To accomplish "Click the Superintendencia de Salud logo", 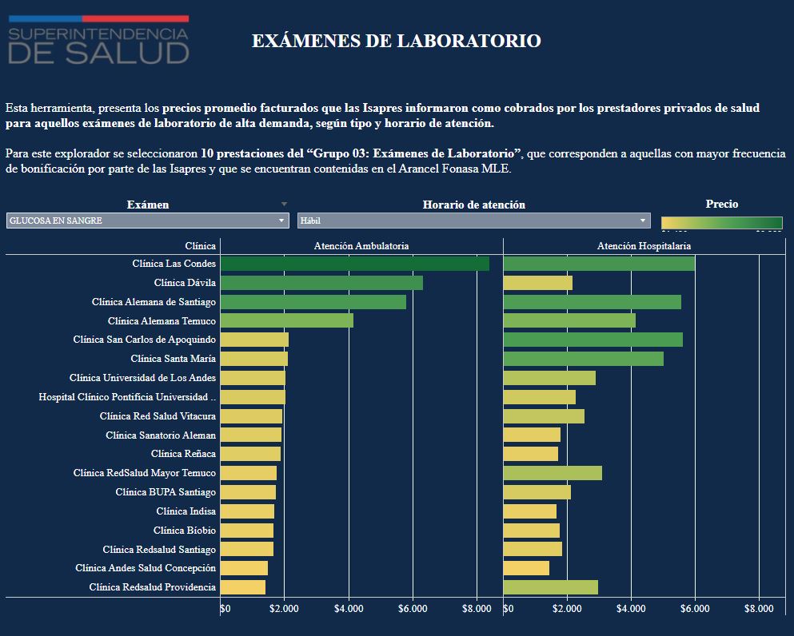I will [x=98, y=40].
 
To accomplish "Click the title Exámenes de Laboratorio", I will [x=396, y=41].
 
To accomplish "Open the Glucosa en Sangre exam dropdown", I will [x=147, y=221].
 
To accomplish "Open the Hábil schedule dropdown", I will [x=473, y=221].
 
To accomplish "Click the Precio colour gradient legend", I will [x=721, y=223].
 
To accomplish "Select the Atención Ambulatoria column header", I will [x=361, y=246].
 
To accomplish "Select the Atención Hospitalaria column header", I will [x=644, y=246].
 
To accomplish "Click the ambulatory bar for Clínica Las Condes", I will [x=354, y=264].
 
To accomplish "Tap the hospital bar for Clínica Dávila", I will [x=537, y=283].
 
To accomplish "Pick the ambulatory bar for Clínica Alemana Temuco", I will [x=286, y=320].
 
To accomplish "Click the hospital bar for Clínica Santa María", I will [x=583, y=359].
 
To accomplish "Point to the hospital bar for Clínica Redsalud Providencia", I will [x=550, y=587].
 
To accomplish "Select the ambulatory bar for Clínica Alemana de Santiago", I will [x=313, y=302].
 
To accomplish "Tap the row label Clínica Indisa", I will [x=186, y=511].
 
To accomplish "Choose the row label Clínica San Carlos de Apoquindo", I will [x=144, y=340].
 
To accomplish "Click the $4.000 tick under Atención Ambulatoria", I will [x=349, y=608].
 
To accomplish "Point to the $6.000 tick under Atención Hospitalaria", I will [x=695, y=608].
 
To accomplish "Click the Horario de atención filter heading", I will [x=473, y=205].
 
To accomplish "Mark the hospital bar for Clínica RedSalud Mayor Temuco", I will [x=552, y=473].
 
